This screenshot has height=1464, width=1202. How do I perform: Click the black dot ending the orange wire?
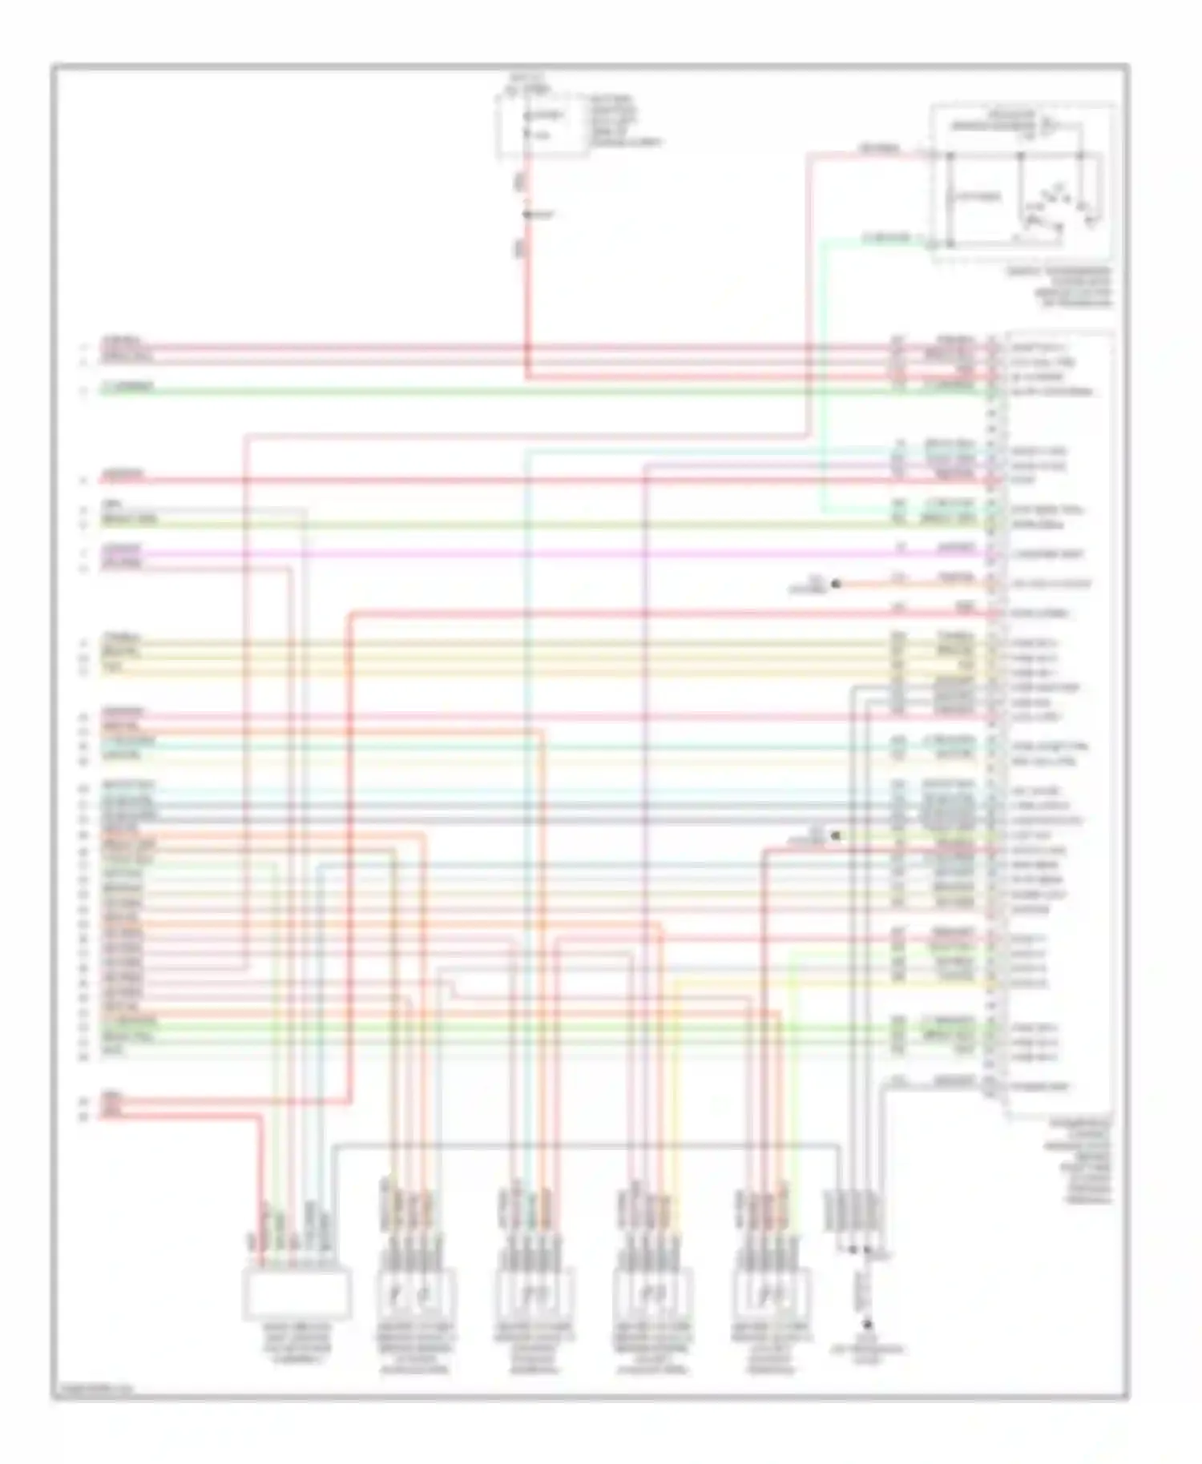(x=835, y=584)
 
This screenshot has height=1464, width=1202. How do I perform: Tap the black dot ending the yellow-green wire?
(x=835, y=836)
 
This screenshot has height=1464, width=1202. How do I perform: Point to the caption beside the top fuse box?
(x=625, y=121)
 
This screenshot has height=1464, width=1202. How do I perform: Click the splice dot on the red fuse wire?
(x=527, y=215)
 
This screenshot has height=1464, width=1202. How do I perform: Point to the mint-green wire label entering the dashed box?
(x=886, y=239)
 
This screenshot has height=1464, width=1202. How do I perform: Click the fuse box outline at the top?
(x=542, y=124)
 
